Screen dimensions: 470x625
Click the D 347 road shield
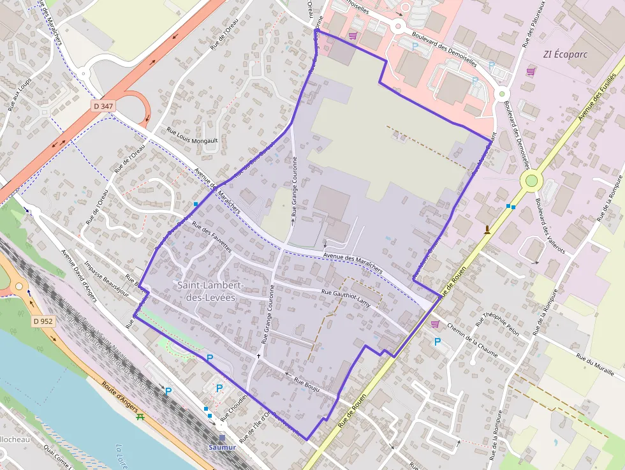point(103,105)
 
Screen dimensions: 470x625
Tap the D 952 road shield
point(42,321)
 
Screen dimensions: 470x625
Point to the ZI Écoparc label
point(564,54)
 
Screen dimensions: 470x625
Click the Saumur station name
point(222,447)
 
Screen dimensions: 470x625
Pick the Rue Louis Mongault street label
point(192,136)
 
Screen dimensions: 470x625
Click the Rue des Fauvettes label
point(211,238)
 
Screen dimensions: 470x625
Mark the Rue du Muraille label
point(594,365)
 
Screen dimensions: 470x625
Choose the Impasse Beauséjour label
point(107,281)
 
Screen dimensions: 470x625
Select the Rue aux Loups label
point(20,96)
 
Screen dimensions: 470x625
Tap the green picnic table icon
point(140,417)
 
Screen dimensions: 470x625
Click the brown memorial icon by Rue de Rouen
point(488,230)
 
